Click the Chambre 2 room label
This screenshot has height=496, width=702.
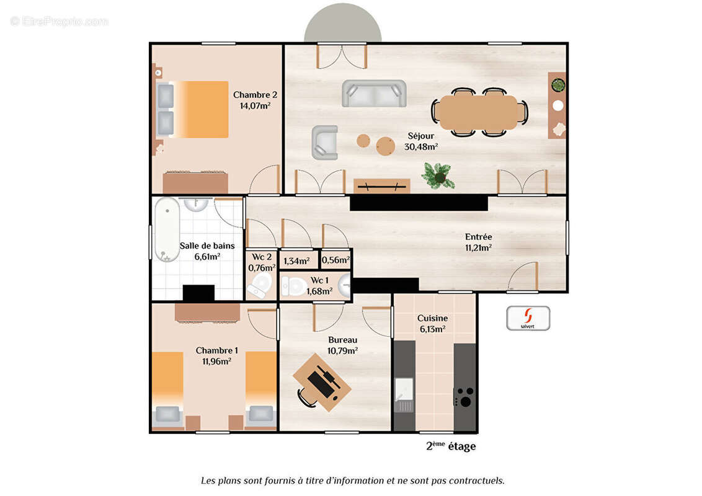click(255, 95)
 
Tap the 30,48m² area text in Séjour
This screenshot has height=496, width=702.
click(422, 146)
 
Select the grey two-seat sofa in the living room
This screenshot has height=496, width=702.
click(374, 93)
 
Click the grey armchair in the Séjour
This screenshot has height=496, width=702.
click(324, 143)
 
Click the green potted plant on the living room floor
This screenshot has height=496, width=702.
click(438, 175)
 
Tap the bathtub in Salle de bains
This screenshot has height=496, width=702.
click(166, 229)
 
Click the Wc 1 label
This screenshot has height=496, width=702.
click(319, 280)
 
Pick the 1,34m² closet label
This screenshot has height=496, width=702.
click(296, 261)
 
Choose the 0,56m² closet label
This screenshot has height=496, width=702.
click(335, 260)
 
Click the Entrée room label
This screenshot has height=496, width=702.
click(478, 236)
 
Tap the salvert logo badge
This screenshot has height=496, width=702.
click(528, 317)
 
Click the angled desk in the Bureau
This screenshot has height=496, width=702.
click(322, 382)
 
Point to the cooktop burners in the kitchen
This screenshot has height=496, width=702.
click(464, 396)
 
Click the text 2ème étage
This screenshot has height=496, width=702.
click(451, 446)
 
